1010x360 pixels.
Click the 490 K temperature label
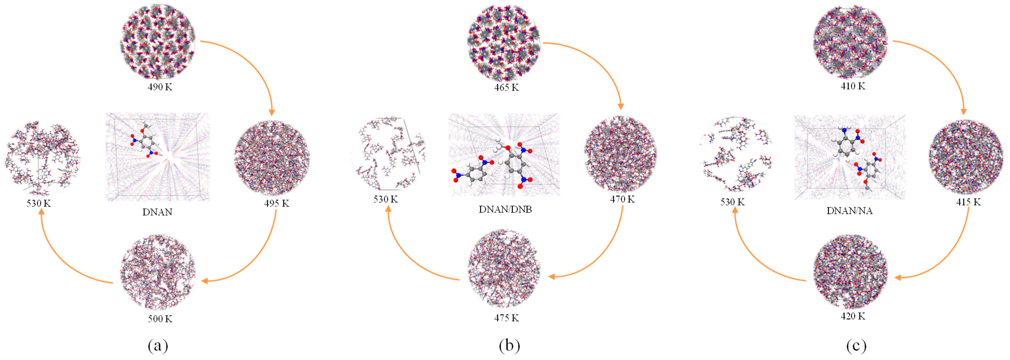tap(160, 87)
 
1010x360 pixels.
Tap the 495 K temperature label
tap(276, 204)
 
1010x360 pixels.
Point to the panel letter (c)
tap(856, 346)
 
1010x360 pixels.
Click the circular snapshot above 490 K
tap(158, 42)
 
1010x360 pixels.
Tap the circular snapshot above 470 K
tap(621, 154)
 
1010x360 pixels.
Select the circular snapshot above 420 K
tap(850, 272)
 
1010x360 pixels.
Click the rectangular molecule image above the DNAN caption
tap(158, 157)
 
